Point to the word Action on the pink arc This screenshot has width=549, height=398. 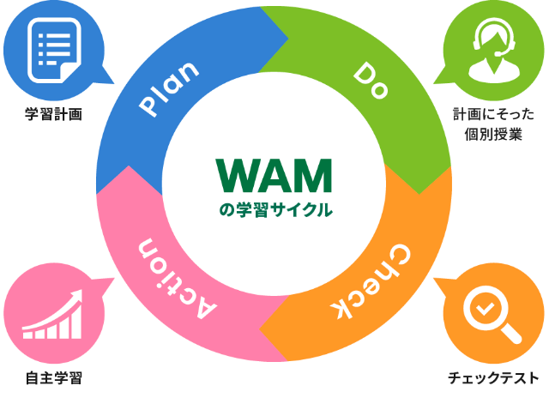(x=171, y=272)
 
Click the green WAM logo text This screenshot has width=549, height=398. (x=274, y=176)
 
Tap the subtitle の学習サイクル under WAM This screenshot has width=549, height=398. (x=274, y=208)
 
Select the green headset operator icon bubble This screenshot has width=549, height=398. (x=490, y=49)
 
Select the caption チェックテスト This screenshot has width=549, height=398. (x=493, y=377)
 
